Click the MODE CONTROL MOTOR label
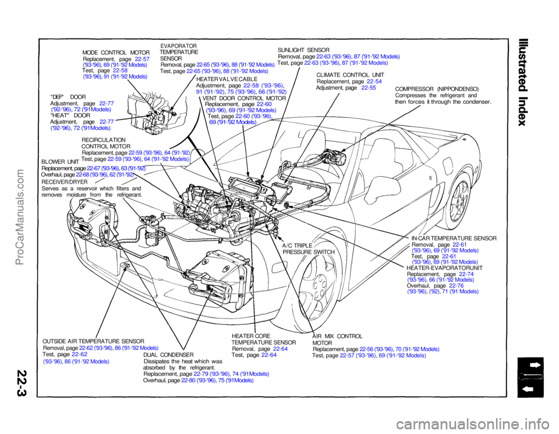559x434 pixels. point(116,52)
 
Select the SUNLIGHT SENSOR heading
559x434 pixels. point(304,50)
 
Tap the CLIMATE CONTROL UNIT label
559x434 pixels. point(349,75)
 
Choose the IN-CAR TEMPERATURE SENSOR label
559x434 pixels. point(454,238)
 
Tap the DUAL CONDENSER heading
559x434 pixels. point(168,354)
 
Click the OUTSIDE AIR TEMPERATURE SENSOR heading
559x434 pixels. point(94,340)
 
